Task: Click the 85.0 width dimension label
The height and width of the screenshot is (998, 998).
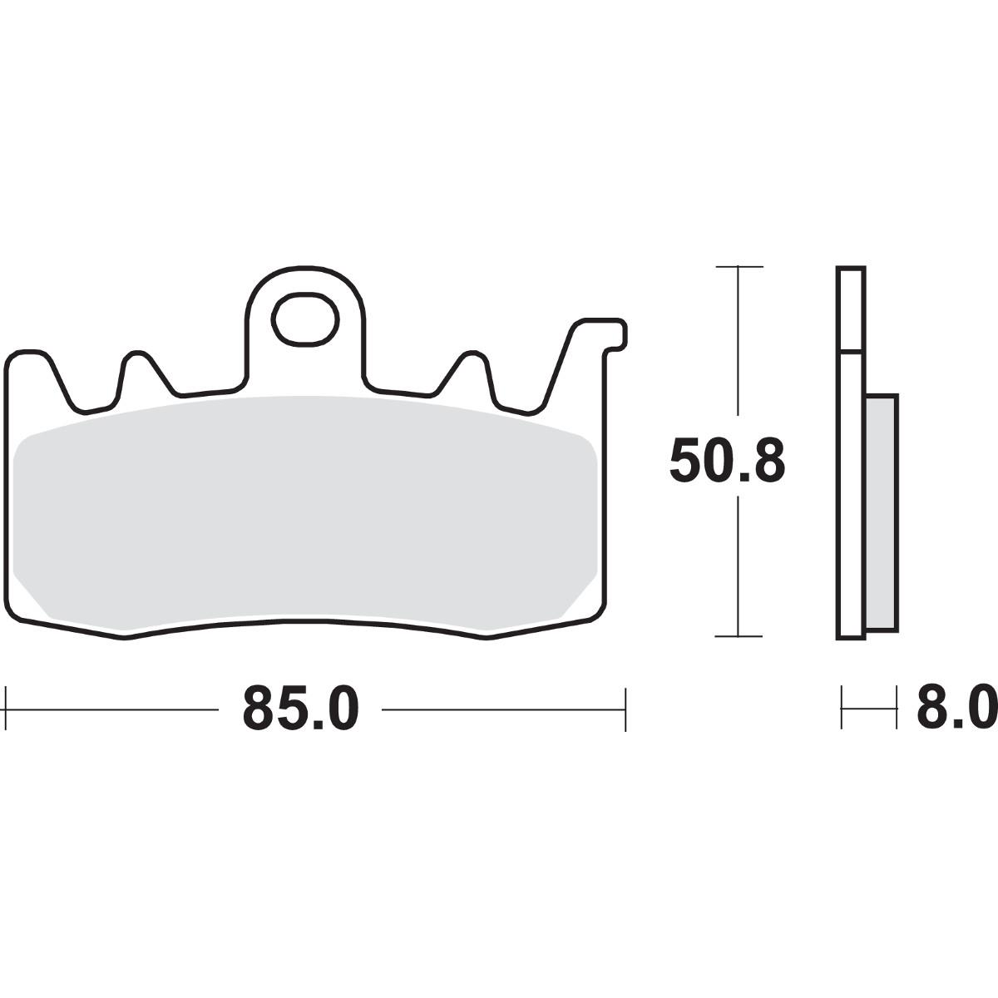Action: pos(300,709)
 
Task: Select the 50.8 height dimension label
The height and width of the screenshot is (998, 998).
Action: pos(727,462)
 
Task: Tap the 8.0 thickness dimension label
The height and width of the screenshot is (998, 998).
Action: pos(956,709)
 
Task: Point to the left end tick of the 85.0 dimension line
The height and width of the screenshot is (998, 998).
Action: pos(7,709)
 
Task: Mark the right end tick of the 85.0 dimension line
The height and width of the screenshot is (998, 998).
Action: pos(625,709)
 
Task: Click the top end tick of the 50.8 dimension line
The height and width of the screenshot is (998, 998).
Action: pos(739,267)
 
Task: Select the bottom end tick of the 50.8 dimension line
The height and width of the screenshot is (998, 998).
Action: pos(739,636)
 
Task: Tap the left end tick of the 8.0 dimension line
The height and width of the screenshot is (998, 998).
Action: pos(842,709)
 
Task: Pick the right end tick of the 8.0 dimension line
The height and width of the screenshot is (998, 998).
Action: pos(897,709)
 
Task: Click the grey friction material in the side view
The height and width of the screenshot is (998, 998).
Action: pos(882,511)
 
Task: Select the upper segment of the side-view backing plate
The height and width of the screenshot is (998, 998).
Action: pos(851,308)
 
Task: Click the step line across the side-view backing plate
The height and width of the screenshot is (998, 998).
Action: pos(851,350)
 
